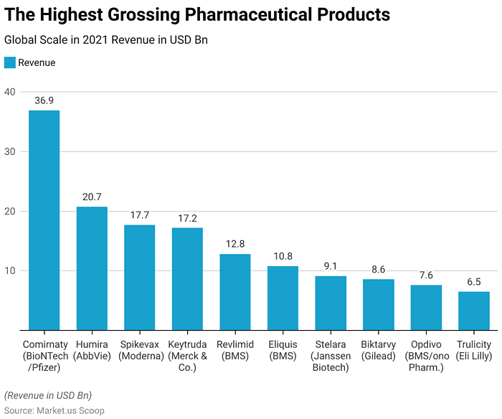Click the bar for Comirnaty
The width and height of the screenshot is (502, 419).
pyautogui.click(x=44, y=220)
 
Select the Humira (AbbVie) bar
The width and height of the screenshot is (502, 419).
pyautogui.click(x=92, y=268)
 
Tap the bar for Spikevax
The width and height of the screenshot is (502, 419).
pyautogui.click(x=139, y=278)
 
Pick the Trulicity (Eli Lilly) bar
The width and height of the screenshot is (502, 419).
pyautogui.click(x=474, y=311)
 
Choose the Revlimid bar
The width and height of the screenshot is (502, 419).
pyautogui.click(x=235, y=292)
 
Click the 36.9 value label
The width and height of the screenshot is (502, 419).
pyautogui.click(x=44, y=100)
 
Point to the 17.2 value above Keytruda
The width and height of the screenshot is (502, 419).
pyautogui.click(x=187, y=217)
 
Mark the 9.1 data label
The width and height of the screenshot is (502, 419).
pyautogui.click(x=331, y=266)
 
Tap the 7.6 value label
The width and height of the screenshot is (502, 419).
pyautogui.click(x=426, y=275)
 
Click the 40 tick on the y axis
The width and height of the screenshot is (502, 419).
pyautogui.click(x=9, y=92)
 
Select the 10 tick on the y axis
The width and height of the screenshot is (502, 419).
pyautogui.click(x=9, y=270)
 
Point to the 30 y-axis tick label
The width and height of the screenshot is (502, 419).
pyautogui.click(x=9, y=151)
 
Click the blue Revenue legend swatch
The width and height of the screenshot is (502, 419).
pyautogui.click(x=9, y=62)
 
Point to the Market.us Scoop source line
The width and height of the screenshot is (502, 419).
pyautogui.click(x=54, y=410)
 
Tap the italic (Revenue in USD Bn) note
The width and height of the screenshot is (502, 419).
pyautogui.click(x=48, y=395)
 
